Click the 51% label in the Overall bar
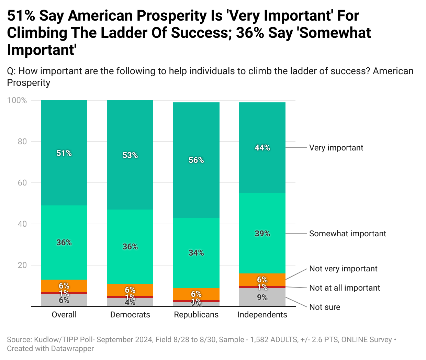tap(64, 153)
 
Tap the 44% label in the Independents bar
tap(262, 148)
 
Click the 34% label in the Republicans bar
tap(196, 253)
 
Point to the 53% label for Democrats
tap(130, 155)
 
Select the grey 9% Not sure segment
tap(262, 297)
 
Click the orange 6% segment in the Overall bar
tap(64, 285)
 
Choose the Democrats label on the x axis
tap(130, 315)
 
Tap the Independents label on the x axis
tap(262, 315)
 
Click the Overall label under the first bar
tap(64, 315)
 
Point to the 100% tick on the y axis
tap(17, 100)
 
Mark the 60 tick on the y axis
tap(22, 183)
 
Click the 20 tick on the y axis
tap(22, 265)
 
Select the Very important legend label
tap(336, 148)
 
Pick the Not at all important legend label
tap(345, 288)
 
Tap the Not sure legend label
tap(325, 307)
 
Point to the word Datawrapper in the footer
tap(72, 348)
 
